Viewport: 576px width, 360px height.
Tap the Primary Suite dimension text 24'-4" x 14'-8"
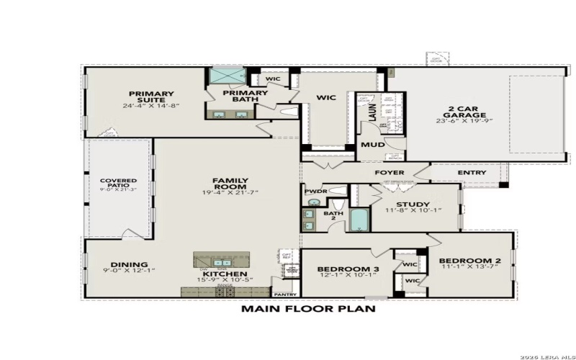(151, 106)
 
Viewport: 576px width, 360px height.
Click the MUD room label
(372, 144)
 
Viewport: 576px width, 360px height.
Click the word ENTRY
(472, 173)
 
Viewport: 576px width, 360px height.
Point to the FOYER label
(390, 173)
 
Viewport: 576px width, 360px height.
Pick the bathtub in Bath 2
(359, 218)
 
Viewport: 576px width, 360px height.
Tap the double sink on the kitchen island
(222, 263)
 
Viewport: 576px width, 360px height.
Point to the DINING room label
(130, 264)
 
